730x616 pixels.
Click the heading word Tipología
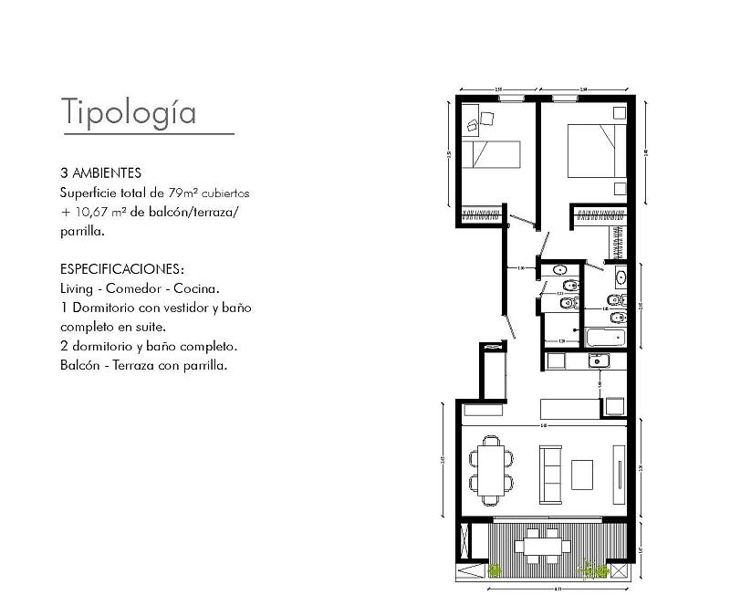pyautogui.click(x=129, y=111)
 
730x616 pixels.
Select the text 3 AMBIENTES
pyautogui.click(x=100, y=172)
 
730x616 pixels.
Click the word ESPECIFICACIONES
pyautogui.click(x=121, y=270)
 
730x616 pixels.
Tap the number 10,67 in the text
pyautogui.click(x=93, y=213)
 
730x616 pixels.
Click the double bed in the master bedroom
pyautogui.click(x=597, y=151)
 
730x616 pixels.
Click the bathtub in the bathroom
pyautogui.click(x=605, y=337)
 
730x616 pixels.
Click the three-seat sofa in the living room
pyautogui.click(x=550, y=474)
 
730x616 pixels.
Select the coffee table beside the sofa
pyautogui.click(x=582, y=474)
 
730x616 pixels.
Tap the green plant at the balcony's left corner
pyautogui.click(x=495, y=570)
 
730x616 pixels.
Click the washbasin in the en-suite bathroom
pyautogui.click(x=621, y=277)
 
